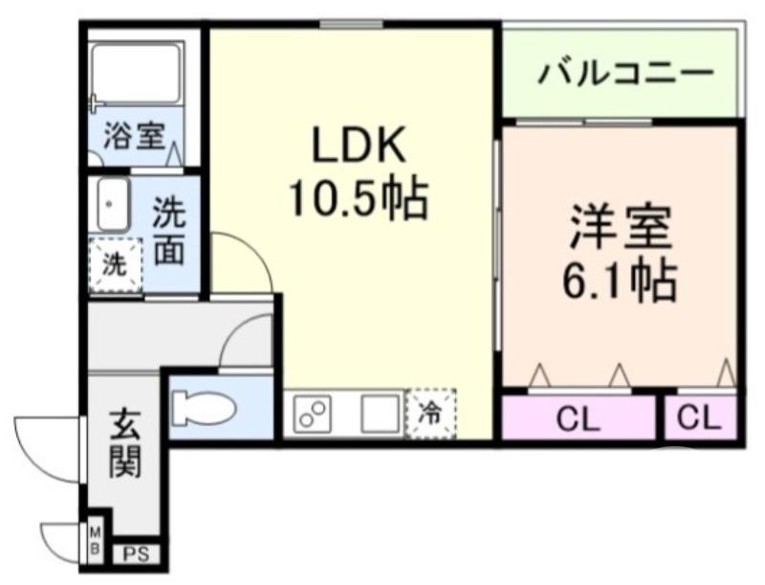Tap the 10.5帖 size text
(x=358, y=198)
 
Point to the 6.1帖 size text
(x=620, y=280)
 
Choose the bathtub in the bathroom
(x=136, y=78)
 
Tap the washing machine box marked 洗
(x=115, y=264)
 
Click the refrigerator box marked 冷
(x=430, y=413)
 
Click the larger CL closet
(x=579, y=418)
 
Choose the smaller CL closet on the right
(x=700, y=418)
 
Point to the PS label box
(x=135, y=553)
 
